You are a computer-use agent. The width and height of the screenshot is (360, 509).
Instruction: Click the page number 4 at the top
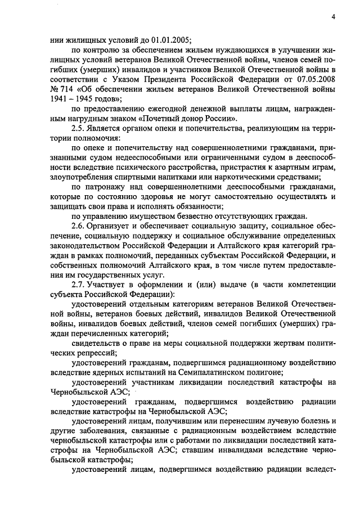(334, 16)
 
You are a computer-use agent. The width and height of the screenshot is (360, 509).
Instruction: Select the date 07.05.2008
(317, 79)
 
